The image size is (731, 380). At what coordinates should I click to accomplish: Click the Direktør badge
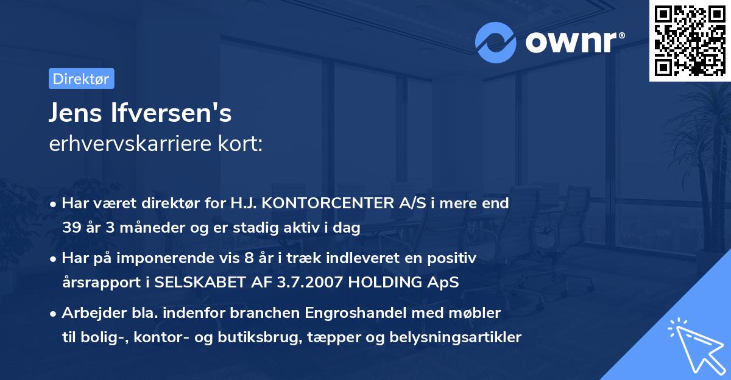(81, 79)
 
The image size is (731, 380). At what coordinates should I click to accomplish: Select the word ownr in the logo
(571, 41)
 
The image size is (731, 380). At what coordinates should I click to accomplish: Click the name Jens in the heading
(75, 113)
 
